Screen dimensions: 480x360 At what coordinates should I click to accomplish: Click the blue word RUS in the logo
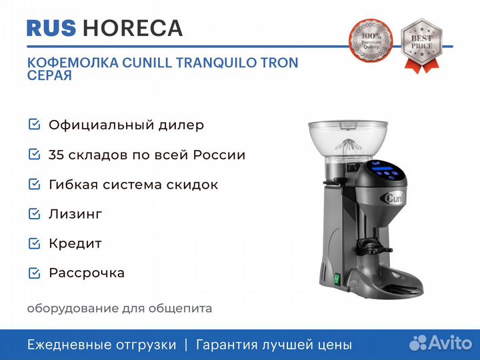tap(51, 28)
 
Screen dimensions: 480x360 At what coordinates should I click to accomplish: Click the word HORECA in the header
tap(133, 28)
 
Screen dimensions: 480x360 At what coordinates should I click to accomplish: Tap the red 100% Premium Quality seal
tap(371, 41)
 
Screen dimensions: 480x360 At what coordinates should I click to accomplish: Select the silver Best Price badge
tap(421, 45)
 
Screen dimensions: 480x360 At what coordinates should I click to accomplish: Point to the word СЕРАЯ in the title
tap(49, 75)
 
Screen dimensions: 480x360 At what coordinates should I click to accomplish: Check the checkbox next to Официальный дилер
tap(34, 124)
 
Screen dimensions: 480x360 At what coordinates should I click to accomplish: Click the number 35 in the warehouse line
tap(56, 155)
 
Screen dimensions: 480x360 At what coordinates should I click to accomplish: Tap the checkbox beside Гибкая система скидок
tap(34, 184)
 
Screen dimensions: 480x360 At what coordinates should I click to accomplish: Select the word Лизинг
tap(75, 214)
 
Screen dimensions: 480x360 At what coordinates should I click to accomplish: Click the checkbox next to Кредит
tap(34, 243)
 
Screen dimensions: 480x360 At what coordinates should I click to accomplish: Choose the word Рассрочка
tap(87, 273)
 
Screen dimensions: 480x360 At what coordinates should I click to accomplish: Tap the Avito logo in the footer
tap(441, 343)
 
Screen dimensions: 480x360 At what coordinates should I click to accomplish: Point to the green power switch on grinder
tap(337, 278)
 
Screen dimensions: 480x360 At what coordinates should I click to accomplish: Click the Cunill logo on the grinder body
tap(393, 198)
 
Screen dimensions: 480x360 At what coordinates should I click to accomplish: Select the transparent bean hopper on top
tap(348, 143)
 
